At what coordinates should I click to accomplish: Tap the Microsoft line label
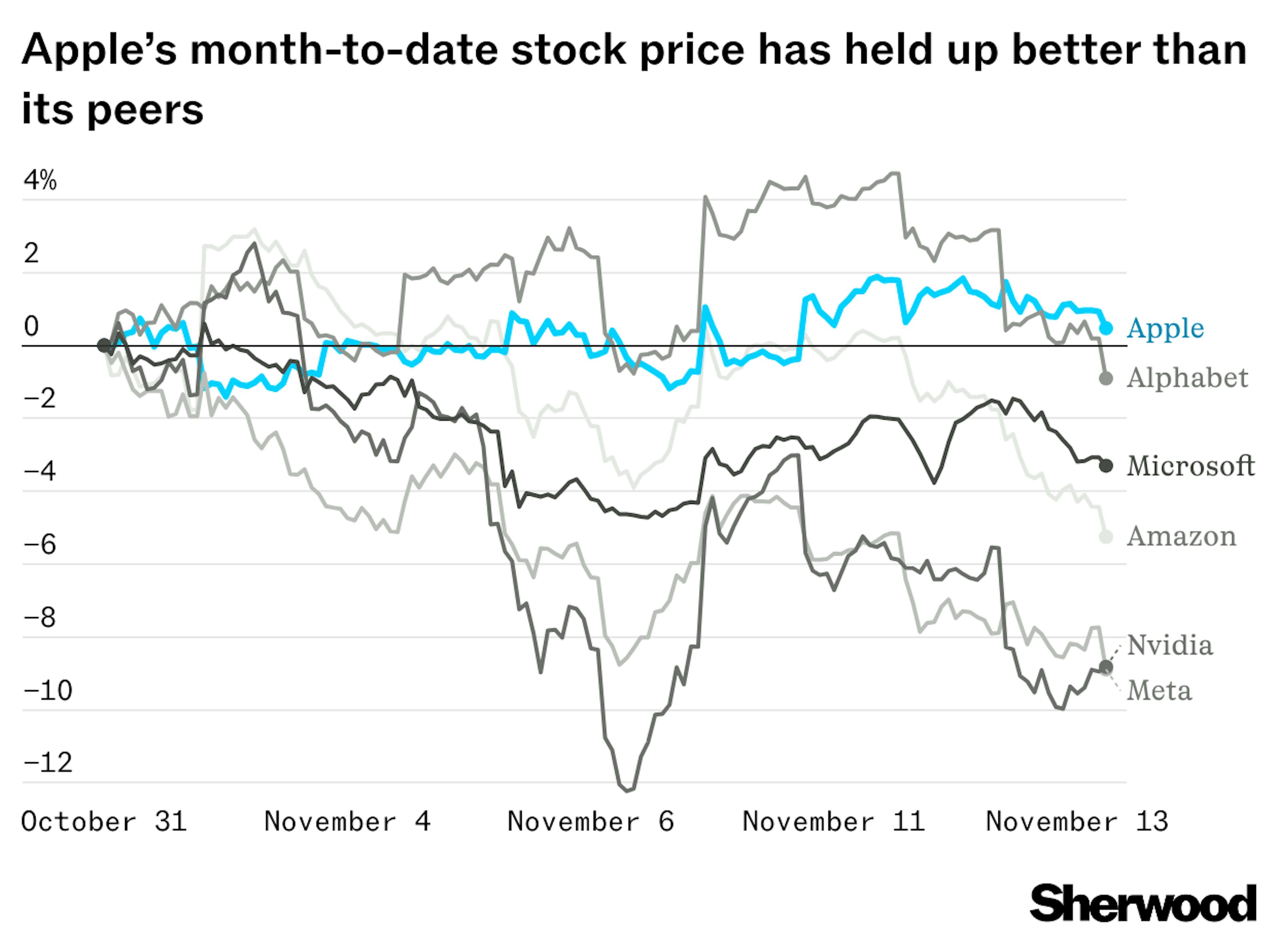coord(1190,466)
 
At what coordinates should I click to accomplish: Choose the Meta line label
coord(1159,691)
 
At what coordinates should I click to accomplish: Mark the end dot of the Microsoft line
coord(1106,466)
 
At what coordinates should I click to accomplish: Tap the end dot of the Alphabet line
coord(1106,379)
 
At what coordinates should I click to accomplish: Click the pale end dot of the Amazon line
coord(1106,536)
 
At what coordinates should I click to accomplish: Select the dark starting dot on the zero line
coord(103,345)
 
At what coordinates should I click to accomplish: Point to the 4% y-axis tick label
coord(40,181)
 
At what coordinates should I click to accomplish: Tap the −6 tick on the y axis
coord(40,544)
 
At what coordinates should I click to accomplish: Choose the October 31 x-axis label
coord(104,822)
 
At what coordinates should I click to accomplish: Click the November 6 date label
coord(590,822)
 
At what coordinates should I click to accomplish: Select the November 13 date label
coord(1077,822)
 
